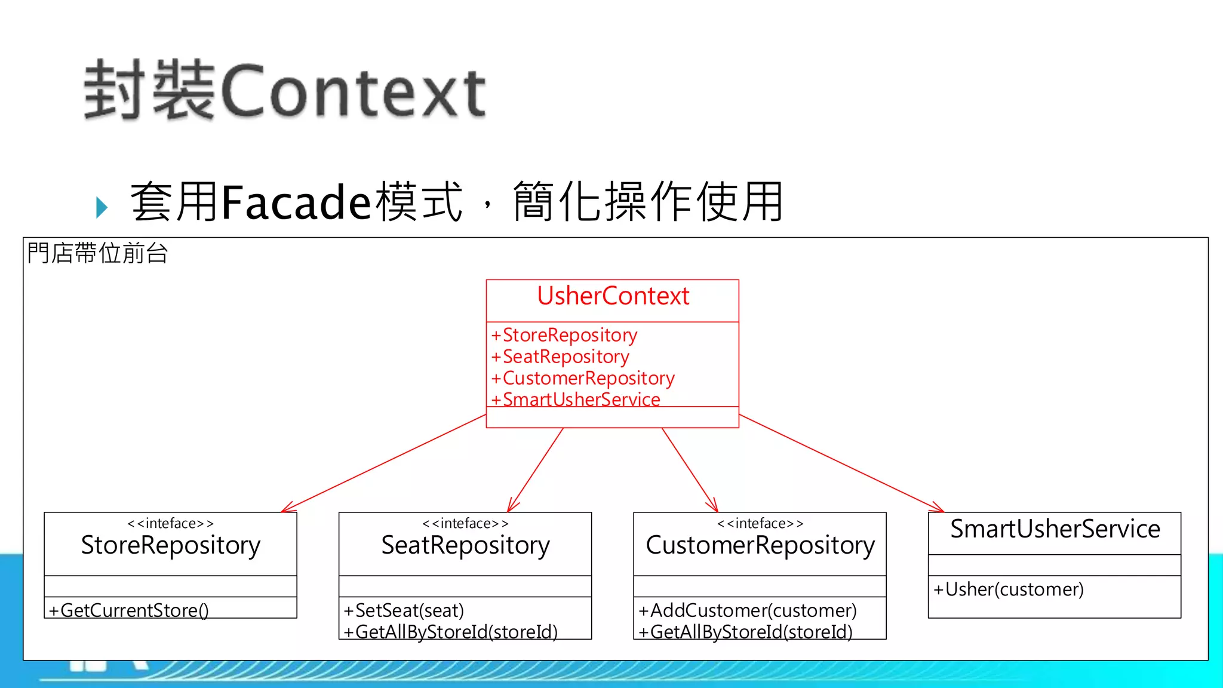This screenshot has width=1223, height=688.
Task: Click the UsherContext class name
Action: click(x=613, y=296)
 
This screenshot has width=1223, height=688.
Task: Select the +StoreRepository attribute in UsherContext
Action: click(x=564, y=335)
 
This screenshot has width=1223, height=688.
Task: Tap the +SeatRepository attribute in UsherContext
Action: click(x=560, y=357)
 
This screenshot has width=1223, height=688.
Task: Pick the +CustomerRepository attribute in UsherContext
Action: click(x=583, y=378)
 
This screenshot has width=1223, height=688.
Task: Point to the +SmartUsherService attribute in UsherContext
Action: click(x=576, y=399)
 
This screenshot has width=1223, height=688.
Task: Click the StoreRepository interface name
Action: click(x=170, y=545)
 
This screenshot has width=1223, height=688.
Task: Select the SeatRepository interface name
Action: click(x=465, y=545)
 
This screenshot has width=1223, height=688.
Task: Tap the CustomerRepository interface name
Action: click(x=760, y=545)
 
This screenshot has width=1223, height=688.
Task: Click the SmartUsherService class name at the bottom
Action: click(x=1055, y=529)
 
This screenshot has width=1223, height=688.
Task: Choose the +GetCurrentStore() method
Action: click(x=129, y=610)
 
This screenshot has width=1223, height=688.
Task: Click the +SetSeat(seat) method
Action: click(x=404, y=610)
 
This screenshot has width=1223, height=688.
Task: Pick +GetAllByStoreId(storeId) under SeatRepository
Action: click(x=451, y=631)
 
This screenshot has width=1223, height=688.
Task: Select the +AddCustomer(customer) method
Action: click(x=748, y=610)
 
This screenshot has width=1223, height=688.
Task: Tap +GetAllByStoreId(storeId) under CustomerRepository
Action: click(x=745, y=631)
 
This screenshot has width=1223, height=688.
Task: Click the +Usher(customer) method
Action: click(x=1009, y=589)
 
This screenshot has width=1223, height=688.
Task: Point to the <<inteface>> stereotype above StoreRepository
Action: click(x=170, y=524)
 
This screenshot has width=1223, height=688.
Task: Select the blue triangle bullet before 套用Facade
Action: click(x=102, y=207)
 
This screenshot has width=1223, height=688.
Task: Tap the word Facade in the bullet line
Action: click(x=296, y=202)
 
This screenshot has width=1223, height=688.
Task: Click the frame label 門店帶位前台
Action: click(x=98, y=253)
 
